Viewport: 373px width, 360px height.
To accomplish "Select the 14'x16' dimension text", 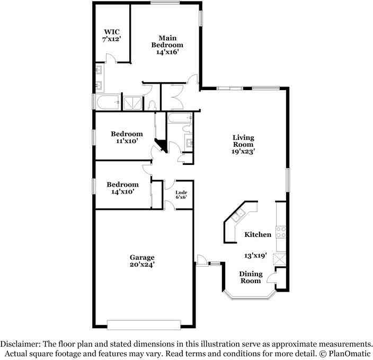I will [x=167, y=52].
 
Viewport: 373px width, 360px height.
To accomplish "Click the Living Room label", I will [x=243, y=141].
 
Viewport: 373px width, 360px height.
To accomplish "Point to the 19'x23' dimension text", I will [x=244, y=151].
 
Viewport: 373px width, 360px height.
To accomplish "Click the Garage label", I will [x=142, y=257].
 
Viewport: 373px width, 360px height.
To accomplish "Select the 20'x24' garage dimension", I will [x=142, y=264].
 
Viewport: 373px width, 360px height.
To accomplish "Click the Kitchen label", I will [x=257, y=234].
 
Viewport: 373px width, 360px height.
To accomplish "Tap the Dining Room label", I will [x=250, y=277].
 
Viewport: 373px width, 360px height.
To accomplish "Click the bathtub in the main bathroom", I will [x=108, y=102].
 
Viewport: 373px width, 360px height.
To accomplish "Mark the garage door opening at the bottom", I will [x=144, y=323].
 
